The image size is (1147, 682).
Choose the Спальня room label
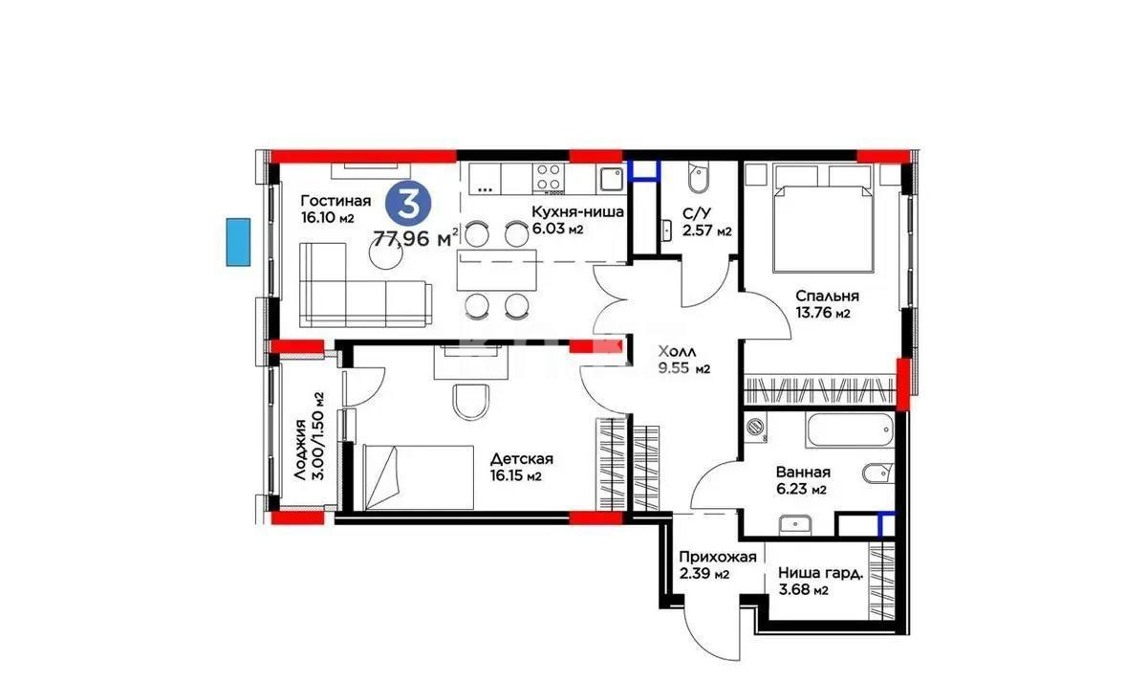pyautogui.click(x=827, y=303)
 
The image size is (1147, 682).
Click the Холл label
pyautogui.click(x=682, y=359)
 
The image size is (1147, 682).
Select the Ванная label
pyautogui.click(x=803, y=479)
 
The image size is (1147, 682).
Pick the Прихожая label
pyautogui.click(x=717, y=565)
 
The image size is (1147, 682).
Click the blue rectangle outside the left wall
pyautogui.click(x=238, y=242)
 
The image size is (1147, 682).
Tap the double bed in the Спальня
pyautogui.click(x=822, y=217)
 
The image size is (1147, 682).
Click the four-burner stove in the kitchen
pyautogui.click(x=548, y=177)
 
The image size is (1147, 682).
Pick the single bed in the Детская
pyautogui.click(x=419, y=476)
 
